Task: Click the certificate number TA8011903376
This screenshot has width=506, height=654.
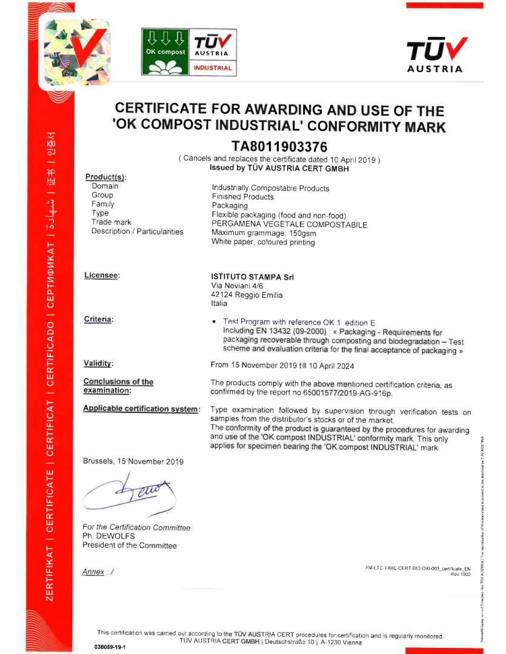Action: pyautogui.click(x=279, y=146)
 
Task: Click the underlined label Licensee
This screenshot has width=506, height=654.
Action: pyautogui.click(x=102, y=276)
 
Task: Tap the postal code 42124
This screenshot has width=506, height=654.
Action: pyautogui.click(x=222, y=295)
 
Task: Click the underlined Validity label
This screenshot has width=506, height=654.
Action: pyautogui.click(x=99, y=363)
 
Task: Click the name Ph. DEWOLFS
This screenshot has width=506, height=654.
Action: pyautogui.click(x=108, y=536)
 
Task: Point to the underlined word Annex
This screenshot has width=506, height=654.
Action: pyautogui.click(x=93, y=572)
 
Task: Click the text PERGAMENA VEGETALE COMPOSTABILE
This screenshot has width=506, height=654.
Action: pyautogui.click(x=289, y=224)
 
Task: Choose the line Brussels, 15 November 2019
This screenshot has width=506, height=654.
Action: pyautogui.click(x=133, y=461)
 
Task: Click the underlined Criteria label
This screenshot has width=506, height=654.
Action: pyautogui.click(x=99, y=319)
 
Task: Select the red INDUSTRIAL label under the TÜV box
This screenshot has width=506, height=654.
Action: pyautogui.click(x=213, y=68)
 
